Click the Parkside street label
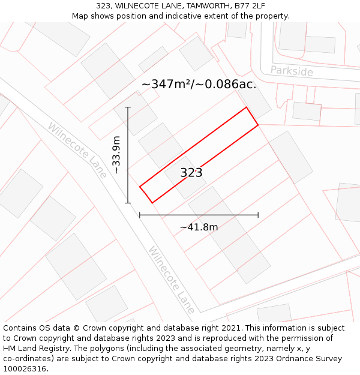pyautogui.click(x=292, y=71)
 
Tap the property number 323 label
pyautogui.click(x=191, y=173)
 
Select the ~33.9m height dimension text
pyautogui.click(x=116, y=155)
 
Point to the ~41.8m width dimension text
pyautogui.click(x=199, y=227)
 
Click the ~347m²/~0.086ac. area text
pyautogui.click(x=199, y=84)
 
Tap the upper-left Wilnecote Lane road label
pyautogui.click(x=77, y=150)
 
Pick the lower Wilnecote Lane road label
pyautogui.click(x=172, y=280)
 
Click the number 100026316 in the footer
pyautogui.click(x=25, y=369)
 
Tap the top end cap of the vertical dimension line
pyautogui.click(x=128, y=107)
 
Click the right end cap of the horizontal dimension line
pyautogui.click(x=258, y=214)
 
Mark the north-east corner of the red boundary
pyautogui.click(x=247, y=107)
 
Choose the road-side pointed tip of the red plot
pyautogui.click(x=140, y=187)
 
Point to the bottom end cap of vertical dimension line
pyautogui.click(x=128, y=203)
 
